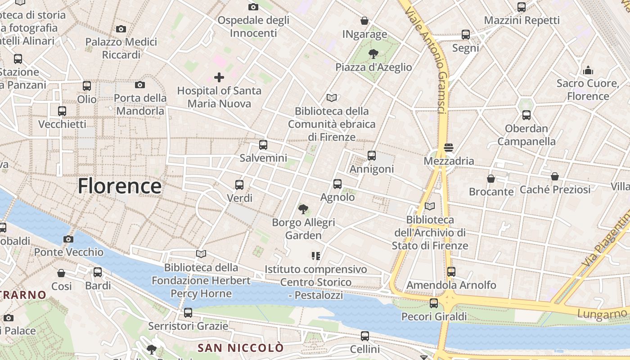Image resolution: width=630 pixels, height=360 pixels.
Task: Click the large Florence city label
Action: [120, 186]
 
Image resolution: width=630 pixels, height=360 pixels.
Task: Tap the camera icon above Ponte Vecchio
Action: [68, 239]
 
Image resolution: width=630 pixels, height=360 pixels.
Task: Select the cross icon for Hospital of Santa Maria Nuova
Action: [219, 77]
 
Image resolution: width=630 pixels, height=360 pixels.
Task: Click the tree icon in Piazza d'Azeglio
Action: [373, 54]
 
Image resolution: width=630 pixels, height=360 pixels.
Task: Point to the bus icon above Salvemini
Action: [263, 145]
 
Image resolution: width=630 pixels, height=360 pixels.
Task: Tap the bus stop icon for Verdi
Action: [239, 185]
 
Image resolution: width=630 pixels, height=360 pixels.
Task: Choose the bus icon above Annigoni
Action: [372, 156]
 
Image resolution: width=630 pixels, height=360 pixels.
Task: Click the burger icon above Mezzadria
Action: [449, 148]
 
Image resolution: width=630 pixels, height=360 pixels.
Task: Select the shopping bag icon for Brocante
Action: [491, 179]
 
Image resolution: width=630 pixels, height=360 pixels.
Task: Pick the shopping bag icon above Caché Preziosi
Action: [555, 176]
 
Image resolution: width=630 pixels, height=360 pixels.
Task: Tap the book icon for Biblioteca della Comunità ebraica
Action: [332, 98]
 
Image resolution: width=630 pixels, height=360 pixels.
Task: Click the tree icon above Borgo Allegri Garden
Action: [303, 209]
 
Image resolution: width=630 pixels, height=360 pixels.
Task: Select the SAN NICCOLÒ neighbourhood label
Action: [241, 348]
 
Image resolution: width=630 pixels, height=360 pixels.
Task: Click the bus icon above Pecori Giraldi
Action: [434, 303]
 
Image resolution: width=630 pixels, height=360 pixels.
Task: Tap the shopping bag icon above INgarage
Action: [364, 21]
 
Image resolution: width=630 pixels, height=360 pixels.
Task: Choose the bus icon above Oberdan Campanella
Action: [526, 115]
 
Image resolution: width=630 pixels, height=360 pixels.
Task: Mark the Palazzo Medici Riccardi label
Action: [121, 49]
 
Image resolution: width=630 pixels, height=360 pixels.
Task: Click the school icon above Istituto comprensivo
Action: [316, 256]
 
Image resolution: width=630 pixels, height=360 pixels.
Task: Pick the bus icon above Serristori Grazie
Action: [188, 313]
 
